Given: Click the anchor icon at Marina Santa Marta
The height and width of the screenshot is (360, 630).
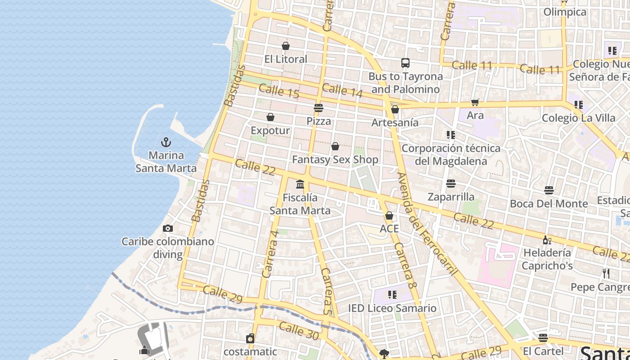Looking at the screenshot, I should click(x=166, y=142).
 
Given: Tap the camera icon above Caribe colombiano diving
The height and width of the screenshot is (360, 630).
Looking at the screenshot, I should click(x=168, y=228).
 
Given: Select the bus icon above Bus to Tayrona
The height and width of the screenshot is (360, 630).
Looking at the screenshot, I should click(x=405, y=63).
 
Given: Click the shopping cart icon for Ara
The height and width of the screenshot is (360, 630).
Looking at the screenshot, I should click(x=475, y=103).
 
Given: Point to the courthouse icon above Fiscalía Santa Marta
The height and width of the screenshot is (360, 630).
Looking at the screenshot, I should click(x=300, y=184).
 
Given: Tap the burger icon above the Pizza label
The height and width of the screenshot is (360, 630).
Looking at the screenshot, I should click(x=319, y=108).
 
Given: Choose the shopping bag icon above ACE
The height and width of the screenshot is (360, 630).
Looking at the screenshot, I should click(x=389, y=216).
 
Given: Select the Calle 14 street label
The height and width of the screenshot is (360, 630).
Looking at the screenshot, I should click(x=342, y=90).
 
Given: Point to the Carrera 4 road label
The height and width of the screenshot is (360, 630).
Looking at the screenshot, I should click(x=270, y=254).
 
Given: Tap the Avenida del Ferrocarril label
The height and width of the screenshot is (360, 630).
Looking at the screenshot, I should click(x=427, y=224).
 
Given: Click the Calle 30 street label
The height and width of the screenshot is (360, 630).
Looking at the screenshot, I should click(x=298, y=331).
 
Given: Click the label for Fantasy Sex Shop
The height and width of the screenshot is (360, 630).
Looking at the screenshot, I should click(x=335, y=159).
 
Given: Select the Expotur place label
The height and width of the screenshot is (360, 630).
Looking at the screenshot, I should click(x=270, y=130).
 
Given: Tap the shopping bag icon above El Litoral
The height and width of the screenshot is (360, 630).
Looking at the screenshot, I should click(x=286, y=46).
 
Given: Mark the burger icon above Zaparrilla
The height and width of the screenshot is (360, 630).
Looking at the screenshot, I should click(x=451, y=184).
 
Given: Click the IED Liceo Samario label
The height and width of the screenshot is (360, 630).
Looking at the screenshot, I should click(x=392, y=308).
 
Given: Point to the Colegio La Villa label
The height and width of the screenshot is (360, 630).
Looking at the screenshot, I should click(x=578, y=118).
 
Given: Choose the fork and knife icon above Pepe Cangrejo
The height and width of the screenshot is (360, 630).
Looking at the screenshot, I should click(x=606, y=273).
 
